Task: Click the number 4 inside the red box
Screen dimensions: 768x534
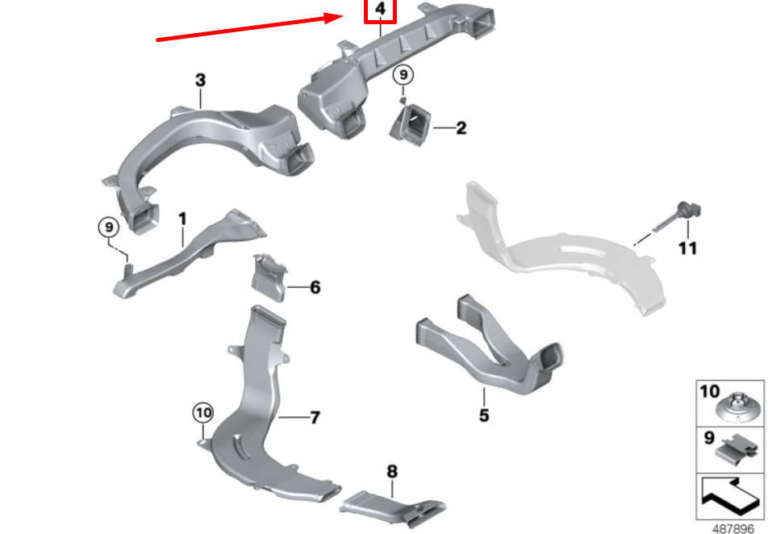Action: (380, 9)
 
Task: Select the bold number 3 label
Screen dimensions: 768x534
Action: (200, 81)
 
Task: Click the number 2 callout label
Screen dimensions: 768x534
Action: (461, 128)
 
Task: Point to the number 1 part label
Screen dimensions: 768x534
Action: (182, 219)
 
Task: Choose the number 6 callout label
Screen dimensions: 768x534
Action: (315, 287)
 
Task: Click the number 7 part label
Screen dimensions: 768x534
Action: (315, 417)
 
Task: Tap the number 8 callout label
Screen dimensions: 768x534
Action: (392, 471)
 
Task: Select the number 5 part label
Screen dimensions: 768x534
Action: (484, 415)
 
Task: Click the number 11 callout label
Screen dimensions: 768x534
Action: (687, 248)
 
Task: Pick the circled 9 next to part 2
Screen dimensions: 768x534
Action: (403, 75)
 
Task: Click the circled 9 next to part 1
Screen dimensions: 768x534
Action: (109, 227)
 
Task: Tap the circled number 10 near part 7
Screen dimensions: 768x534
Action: (203, 413)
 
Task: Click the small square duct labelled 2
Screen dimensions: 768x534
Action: (411, 125)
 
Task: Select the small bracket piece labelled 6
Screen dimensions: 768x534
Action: (269, 277)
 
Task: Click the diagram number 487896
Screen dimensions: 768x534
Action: (733, 528)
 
